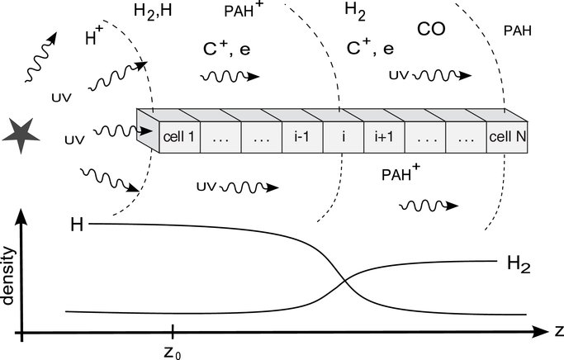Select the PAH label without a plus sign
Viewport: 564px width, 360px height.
[x=517, y=32]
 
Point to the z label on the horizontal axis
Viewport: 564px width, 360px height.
[x=558, y=333]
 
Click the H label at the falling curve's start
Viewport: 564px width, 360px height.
[x=77, y=224]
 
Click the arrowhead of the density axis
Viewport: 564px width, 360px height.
[x=22, y=214]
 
